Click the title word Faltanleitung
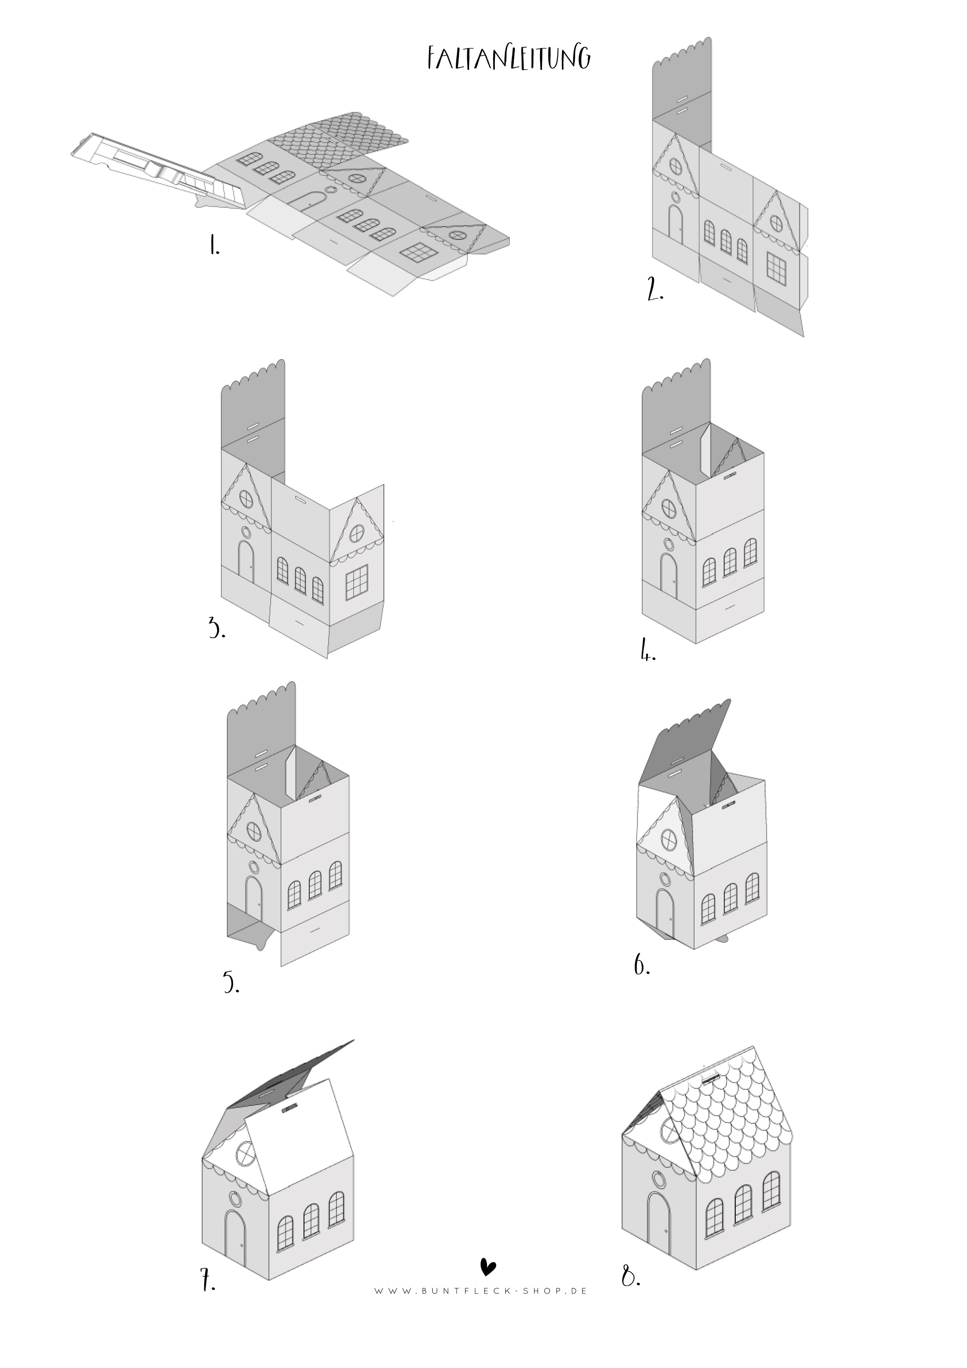click(509, 59)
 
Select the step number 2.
click(654, 290)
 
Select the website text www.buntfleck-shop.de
click(480, 1290)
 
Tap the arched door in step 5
click(254, 900)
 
